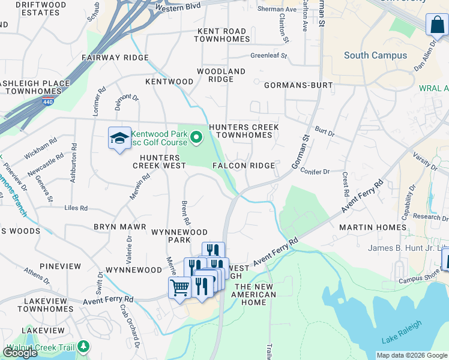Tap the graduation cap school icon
pyautogui.click(x=119, y=139)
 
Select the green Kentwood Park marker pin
pyautogui.click(x=196, y=139)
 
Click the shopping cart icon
pyautogui.click(x=179, y=289)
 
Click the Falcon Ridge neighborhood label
pyautogui.click(x=243, y=165)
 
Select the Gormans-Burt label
pyautogui.click(x=298, y=85)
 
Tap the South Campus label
pyautogui.click(x=375, y=55)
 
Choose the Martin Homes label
pyautogui.click(x=373, y=227)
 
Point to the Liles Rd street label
pyautogui.click(x=76, y=208)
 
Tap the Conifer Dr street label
pyautogui.click(x=318, y=172)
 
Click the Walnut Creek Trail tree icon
pyautogui.click(x=83, y=347)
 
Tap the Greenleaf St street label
pyautogui.click(x=268, y=55)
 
